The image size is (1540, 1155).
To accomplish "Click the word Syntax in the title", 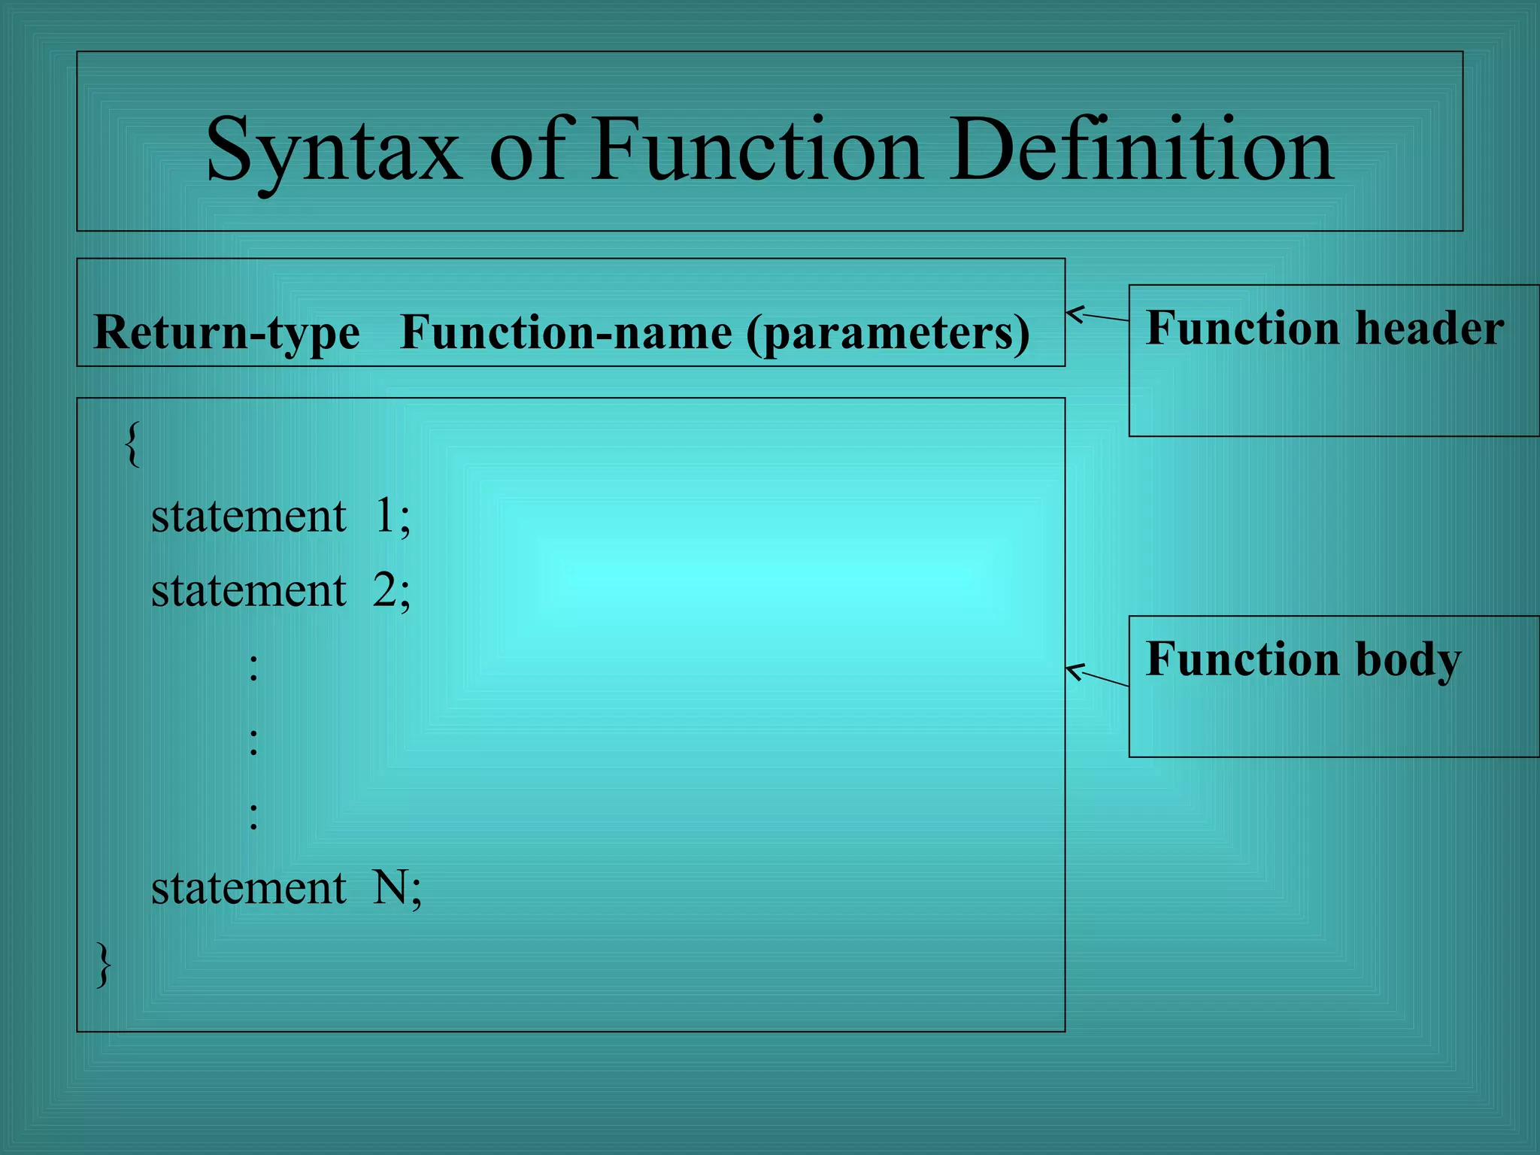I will [333, 150].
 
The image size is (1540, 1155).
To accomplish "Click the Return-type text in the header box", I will [226, 332].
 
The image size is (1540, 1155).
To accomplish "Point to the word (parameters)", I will [887, 332].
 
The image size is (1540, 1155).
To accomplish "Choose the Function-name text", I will [565, 332].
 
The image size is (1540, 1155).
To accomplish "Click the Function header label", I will [1324, 329].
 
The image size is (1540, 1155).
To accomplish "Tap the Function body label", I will [1302, 659].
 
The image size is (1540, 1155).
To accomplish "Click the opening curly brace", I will [132, 444].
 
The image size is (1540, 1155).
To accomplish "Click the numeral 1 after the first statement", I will [384, 517].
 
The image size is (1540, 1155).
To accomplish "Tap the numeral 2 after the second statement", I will [384, 591].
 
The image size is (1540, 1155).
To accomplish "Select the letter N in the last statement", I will [390, 888].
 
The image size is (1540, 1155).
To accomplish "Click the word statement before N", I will [248, 888].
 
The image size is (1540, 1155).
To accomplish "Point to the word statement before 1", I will [248, 517].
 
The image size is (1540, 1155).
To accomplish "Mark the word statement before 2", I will [248, 591].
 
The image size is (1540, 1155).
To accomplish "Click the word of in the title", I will [526, 150].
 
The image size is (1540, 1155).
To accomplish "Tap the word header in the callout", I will [1429, 329].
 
